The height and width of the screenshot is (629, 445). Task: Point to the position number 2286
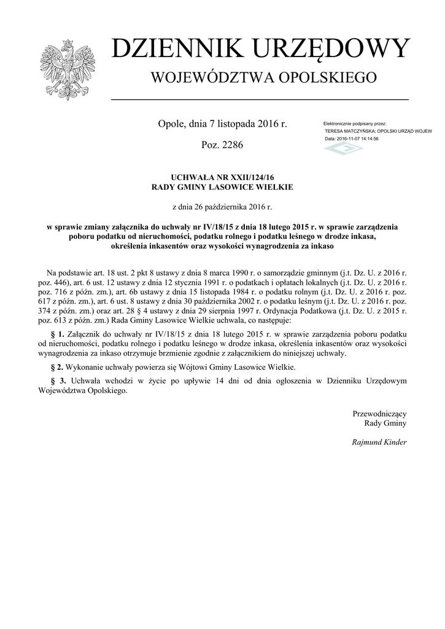231,146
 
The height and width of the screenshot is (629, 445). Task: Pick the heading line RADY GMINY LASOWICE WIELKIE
222,187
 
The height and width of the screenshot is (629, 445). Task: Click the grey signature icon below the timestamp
344,149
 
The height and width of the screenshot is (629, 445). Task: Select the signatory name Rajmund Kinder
379,442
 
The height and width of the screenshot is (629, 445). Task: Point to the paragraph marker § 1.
56,333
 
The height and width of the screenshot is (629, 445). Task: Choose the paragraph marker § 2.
56,367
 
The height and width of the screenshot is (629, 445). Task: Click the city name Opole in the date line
171,125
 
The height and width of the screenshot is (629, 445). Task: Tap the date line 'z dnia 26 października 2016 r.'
222,208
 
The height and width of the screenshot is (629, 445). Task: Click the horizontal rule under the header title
259,99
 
